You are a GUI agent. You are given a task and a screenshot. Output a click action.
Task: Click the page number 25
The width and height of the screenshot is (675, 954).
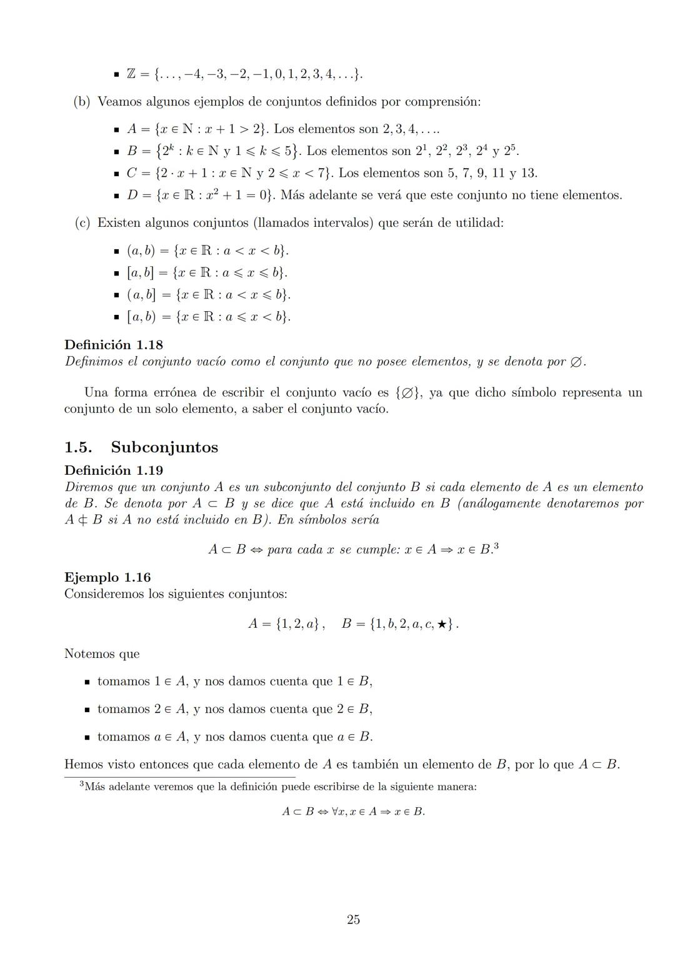coord(353,919)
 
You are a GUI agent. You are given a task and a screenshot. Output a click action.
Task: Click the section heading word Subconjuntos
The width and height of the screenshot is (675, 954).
coord(164,447)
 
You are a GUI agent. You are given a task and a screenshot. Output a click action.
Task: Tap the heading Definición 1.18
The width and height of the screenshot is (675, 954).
coord(114,345)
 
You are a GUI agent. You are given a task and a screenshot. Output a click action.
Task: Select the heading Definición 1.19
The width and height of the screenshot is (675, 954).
coord(114,470)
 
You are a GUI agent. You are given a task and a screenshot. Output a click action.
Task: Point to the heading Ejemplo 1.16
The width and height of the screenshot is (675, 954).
coord(107,577)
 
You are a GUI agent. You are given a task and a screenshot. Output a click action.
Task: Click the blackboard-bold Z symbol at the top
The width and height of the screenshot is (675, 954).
coord(131,74)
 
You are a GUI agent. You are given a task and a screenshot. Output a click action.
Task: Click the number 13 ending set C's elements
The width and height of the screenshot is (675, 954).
coord(529,173)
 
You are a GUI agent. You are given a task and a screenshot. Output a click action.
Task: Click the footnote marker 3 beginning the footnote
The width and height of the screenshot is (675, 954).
coord(81,785)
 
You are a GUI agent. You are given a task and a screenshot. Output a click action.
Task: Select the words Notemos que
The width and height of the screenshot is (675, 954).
coord(102,654)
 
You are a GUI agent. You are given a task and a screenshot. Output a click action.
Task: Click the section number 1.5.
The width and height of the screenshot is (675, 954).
coord(78,447)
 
